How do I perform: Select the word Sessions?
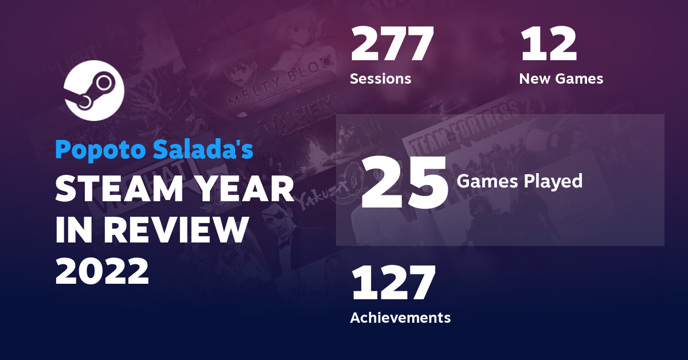tap(381, 79)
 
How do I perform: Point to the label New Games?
tap(561, 79)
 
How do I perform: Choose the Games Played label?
tap(519, 181)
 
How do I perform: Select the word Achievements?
tap(400, 317)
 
